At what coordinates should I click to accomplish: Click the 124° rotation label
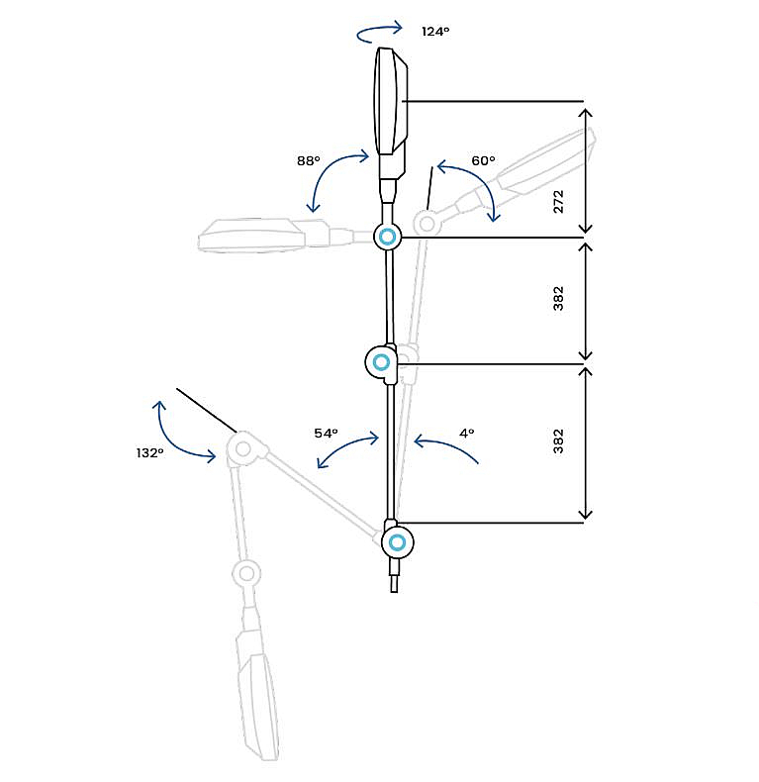point(435,32)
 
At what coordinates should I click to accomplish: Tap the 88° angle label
point(308,160)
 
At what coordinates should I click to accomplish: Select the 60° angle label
point(483,160)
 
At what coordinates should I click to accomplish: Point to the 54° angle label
point(326,433)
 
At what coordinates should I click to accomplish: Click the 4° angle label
point(466,433)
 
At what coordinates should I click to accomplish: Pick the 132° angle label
point(149,452)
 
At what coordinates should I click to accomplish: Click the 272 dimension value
point(558,202)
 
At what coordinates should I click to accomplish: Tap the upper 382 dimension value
point(558,298)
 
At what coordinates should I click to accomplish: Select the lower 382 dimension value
point(558,441)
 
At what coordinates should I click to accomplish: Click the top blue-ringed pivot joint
point(388,237)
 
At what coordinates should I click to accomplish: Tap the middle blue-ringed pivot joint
point(382,362)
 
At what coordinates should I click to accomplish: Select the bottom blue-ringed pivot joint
point(398,542)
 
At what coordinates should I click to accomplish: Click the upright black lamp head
point(391,101)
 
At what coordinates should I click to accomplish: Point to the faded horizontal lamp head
point(250,235)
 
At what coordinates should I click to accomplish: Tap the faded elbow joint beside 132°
point(242,448)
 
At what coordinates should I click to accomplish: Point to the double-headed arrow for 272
point(587,170)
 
